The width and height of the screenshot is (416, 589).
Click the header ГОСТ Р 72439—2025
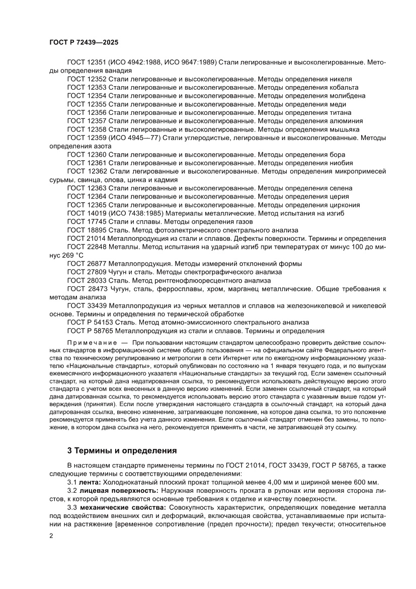point(84,43)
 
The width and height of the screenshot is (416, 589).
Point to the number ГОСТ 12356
point(86,112)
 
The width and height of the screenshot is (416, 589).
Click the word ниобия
point(342,163)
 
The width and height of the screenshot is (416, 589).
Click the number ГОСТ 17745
point(86,222)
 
